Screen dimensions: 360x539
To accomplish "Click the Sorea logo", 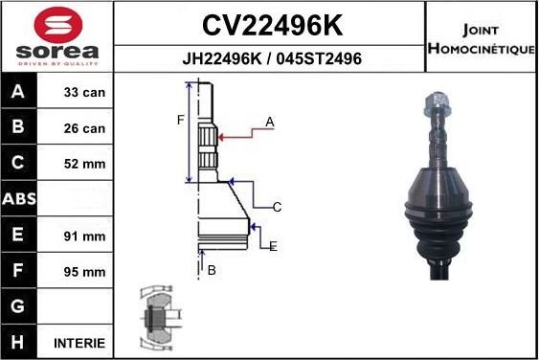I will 57,36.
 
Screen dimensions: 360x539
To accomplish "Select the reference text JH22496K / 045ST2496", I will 271,59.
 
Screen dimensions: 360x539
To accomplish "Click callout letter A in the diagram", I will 270,122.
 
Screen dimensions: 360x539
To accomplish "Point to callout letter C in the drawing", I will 277,207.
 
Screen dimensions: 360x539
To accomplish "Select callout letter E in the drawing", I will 273,246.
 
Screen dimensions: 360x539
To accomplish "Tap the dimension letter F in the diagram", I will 179,120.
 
